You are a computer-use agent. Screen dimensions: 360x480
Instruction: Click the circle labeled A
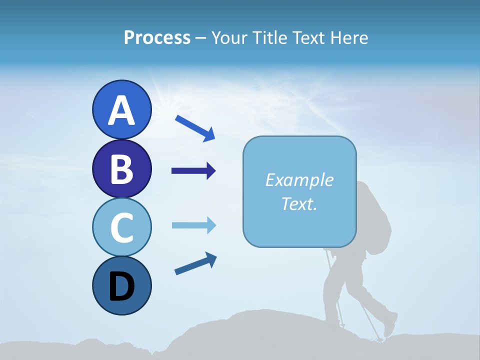121,109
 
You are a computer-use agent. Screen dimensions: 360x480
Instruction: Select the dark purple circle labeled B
121,168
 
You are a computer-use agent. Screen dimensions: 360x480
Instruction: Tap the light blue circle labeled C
121,227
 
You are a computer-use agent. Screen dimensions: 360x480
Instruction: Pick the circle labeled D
121,285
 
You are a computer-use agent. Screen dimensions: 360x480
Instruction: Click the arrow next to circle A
195,128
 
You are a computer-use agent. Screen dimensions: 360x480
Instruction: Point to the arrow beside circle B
193,171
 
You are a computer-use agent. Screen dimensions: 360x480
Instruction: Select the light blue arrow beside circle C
193,225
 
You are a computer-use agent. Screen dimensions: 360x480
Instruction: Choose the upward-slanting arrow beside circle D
195,263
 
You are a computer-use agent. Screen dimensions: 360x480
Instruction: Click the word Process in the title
157,37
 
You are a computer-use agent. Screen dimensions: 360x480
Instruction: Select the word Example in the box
299,180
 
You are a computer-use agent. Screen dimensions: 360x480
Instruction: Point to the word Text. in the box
299,203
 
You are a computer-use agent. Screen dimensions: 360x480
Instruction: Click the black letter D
121,287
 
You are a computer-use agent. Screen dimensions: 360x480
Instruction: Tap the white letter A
121,110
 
